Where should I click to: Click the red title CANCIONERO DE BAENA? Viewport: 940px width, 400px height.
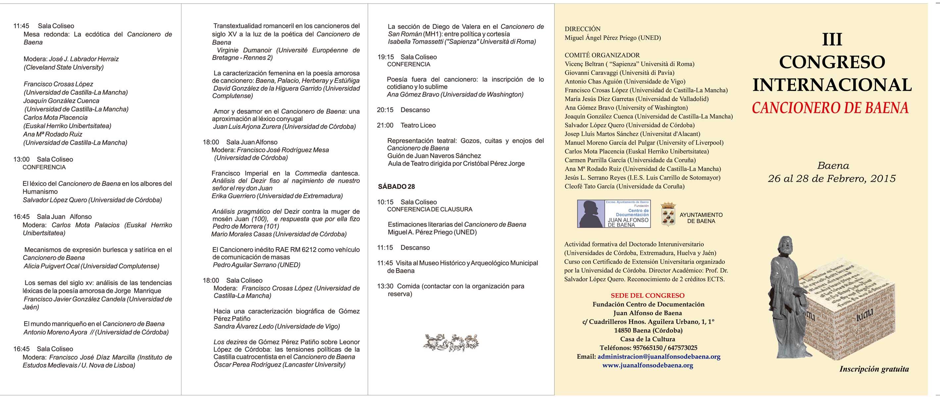(x=830, y=108)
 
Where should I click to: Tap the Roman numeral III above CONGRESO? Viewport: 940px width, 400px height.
(x=832, y=39)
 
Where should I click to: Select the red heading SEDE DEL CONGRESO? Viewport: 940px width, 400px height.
(x=648, y=296)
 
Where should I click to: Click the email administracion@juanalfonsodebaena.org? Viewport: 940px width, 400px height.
(x=659, y=357)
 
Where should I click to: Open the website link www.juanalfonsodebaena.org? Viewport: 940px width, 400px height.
(x=648, y=365)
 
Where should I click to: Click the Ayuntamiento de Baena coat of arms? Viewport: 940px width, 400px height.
(x=668, y=214)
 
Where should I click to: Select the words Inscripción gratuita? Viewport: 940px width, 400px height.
(x=874, y=369)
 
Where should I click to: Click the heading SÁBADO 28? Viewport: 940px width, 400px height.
(x=396, y=187)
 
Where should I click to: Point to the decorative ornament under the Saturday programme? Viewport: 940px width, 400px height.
(x=451, y=342)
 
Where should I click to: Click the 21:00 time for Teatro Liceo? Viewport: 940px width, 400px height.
(x=385, y=125)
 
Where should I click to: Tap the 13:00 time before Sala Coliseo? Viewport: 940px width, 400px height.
(x=21, y=159)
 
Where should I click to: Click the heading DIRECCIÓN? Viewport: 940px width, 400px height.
(x=583, y=29)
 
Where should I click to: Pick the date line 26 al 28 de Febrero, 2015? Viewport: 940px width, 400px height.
(x=832, y=179)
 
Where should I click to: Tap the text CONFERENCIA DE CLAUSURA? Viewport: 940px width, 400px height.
(x=430, y=210)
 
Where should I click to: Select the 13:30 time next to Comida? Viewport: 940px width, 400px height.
(x=385, y=286)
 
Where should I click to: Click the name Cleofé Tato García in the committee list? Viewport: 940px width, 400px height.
(x=590, y=186)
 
